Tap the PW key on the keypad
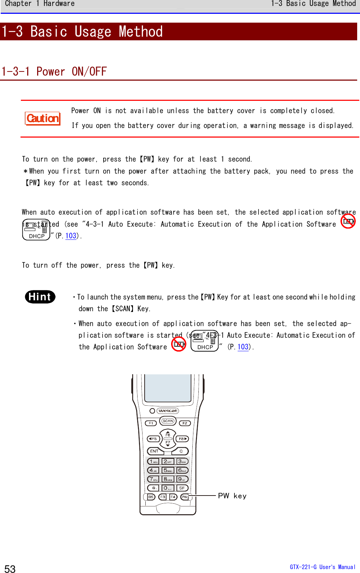click(x=184, y=497)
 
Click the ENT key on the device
click(x=155, y=451)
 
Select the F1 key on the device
click(x=151, y=423)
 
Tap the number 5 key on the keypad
click(x=168, y=470)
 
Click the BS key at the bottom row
click(x=151, y=497)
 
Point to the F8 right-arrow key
click(x=182, y=439)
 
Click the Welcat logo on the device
click(x=168, y=411)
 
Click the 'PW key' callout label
click(x=232, y=496)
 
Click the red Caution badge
click(x=43, y=118)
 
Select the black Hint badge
click(x=40, y=297)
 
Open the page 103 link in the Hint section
click(x=243, y=347)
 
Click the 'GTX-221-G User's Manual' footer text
click(x=323, y=567)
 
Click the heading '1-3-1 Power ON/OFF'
click(x=54, y=71)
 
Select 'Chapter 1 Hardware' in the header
click(x=40, y=4)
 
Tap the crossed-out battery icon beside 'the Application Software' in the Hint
click(x=179, y=344)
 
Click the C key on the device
click(x=181, y=451)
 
